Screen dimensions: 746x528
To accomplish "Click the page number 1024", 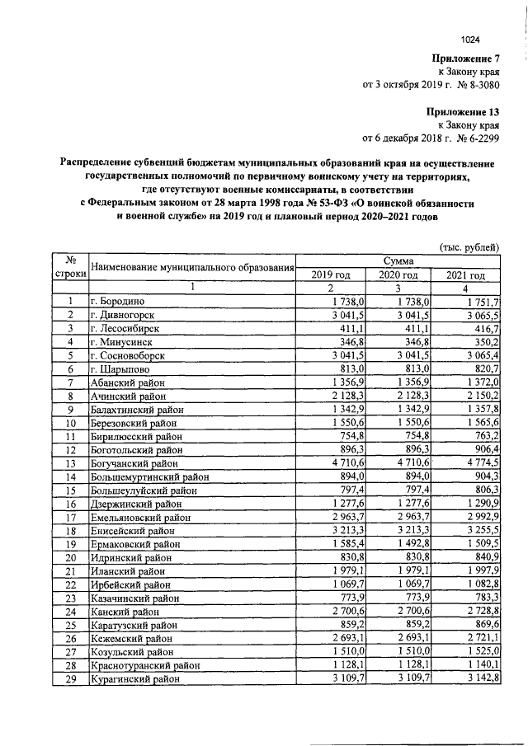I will (x=470, y=39).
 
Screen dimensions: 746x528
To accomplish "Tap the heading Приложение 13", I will (x=462, y=110).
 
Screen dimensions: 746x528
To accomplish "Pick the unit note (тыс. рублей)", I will (x=468, y=246).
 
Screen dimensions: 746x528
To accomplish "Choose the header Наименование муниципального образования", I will (x=192, y=267).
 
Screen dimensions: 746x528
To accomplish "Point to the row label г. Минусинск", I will (x=122, y=341).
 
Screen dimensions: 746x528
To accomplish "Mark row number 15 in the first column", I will (x=71, y=490).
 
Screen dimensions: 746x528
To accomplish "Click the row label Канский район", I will (x=125, y=612).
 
